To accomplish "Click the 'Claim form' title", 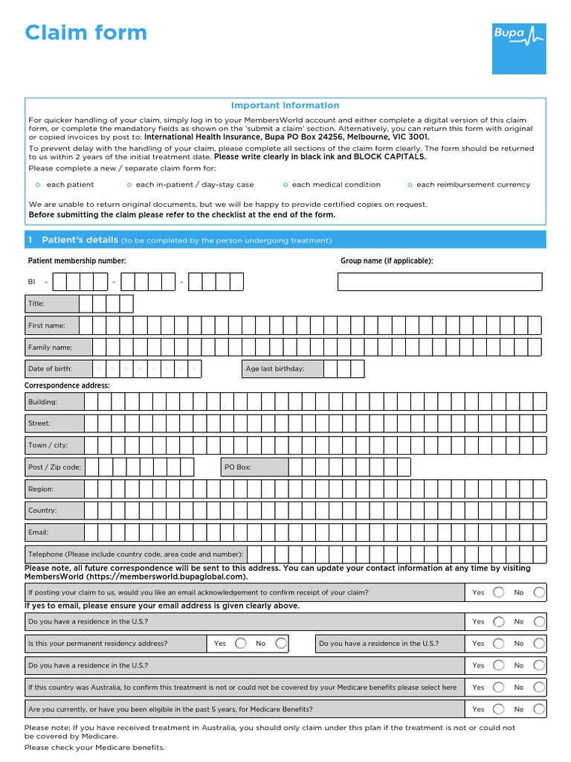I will [x=86, y=33].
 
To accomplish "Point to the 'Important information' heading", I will [x=285, y=106].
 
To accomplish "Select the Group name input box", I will [x=440, y=282].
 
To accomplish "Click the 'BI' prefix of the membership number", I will [x=32, y=282].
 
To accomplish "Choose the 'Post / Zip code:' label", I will [x=55, y=467].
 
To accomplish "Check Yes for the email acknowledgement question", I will [x=498, y=592].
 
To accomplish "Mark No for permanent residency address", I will [x=280, y=643].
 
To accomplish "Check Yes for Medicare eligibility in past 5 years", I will [x=498, y=709].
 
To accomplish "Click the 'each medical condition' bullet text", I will [x=336, y=185].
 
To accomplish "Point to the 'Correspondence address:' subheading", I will [x=68, y=385].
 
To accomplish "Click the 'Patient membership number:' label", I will [x=77, y=260].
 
